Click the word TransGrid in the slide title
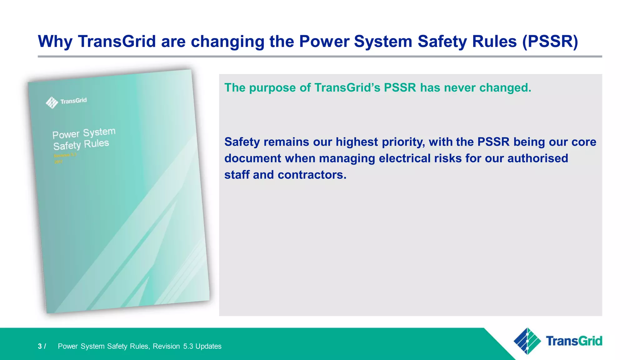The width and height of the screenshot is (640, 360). click(x=117, y=41)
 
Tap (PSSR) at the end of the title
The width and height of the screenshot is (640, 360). click(x=550, y=41)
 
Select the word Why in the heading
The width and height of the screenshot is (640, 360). click(x=55, y=41)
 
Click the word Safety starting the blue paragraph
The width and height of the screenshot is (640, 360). click(x=242, y=142)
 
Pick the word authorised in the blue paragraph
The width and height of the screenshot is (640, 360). click(x=537, y=158)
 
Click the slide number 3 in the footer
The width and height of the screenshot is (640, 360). click(x=40, y=346)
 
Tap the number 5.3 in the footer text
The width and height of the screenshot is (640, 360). click(x=188, y=346)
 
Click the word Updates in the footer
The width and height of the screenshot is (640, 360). click(x=208, y=346)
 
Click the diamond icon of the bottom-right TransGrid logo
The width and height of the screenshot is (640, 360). click(x=527, y=341)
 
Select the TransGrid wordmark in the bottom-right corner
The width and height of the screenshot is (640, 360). click(x=574, y=341)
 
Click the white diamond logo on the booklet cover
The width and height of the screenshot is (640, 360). click(x=52, y=102)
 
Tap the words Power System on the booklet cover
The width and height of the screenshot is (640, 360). click(x=84, y=133)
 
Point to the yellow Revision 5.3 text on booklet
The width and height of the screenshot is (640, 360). click(x=65, y=155)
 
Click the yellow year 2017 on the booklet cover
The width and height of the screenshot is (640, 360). click(x=58, y=162)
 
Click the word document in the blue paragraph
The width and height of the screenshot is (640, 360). click(x=252, y=158)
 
